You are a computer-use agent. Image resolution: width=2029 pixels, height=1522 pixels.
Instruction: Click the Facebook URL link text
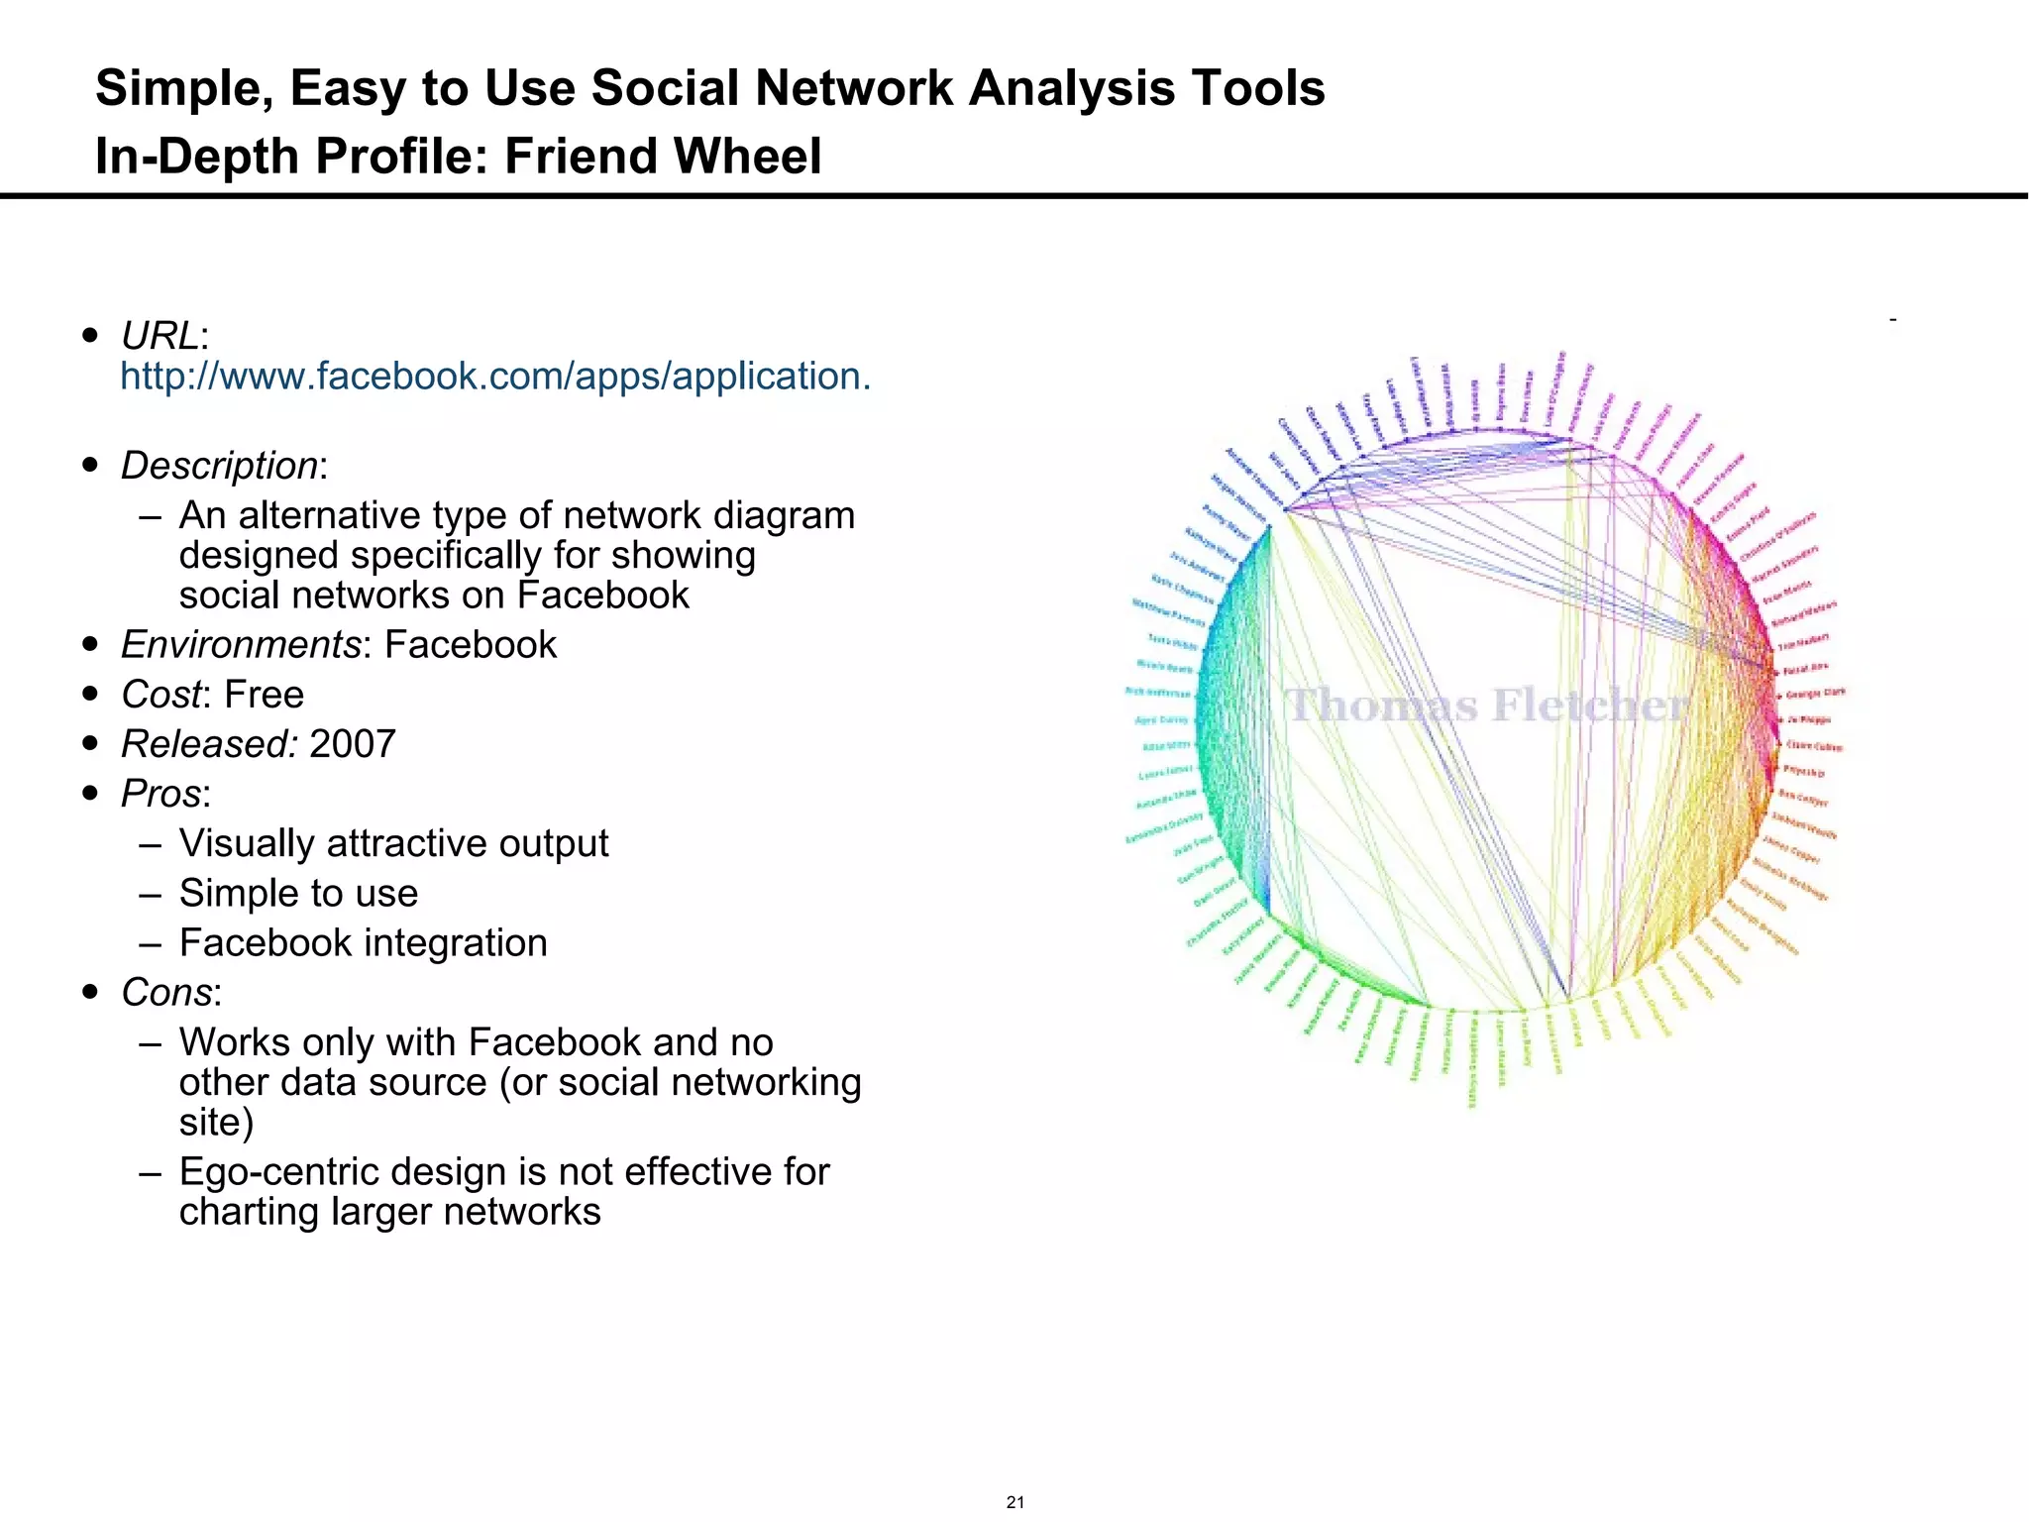495,377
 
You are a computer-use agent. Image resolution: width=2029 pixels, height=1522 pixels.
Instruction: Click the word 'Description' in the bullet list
219,466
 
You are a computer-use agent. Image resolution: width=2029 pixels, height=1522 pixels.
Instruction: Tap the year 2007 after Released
353,744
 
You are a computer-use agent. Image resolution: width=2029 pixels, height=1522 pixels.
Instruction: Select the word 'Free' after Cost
265,695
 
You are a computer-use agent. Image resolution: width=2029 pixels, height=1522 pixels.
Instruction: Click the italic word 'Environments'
241,645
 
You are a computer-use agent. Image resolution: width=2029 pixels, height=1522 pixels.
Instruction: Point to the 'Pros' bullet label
161,794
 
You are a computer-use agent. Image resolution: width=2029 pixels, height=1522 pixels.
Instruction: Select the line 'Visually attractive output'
393,843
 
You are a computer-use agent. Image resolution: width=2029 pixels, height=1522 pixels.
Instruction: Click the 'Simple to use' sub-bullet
298,893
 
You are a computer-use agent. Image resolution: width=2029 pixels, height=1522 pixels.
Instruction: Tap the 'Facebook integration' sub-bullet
363,942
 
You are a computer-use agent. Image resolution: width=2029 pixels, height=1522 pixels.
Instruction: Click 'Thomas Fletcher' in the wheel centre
1486,706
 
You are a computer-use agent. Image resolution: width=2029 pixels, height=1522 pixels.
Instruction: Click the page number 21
1014,1502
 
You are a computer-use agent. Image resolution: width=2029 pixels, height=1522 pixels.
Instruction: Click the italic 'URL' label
160,337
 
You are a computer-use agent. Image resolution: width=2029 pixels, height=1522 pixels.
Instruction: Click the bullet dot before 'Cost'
91,695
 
